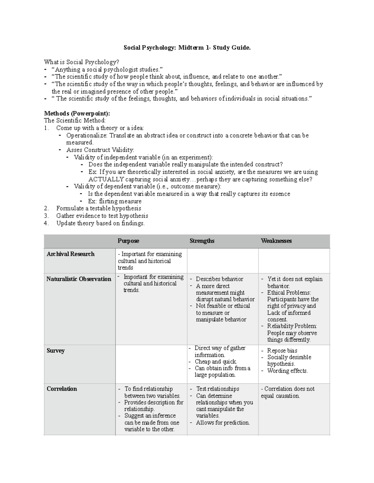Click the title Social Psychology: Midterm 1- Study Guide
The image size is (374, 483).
tap(187, 48)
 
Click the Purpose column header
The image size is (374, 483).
tap(128, 241)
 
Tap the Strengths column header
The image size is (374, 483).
tap(202, 241)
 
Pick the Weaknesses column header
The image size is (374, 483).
tap(276, 241)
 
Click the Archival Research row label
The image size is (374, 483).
tap(70, 254)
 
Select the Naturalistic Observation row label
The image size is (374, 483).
tap(79, 279)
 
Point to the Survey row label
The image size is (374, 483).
tap(55, 351)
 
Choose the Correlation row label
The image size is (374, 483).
tap(62, 389)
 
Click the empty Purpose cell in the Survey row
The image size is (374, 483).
tap(151, 364)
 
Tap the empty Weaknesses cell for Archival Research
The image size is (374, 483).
tap(294, 261)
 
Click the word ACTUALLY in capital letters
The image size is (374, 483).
tap(106, 179)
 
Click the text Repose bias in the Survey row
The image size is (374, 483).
tap(282, 351)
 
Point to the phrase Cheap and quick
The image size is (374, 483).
tap(216, 361)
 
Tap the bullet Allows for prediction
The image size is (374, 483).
tap(223, 422)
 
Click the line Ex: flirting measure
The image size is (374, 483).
tap(115, 201)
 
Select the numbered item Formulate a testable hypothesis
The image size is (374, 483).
tap(98, 208)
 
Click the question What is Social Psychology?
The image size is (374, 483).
tap(82, 62)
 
